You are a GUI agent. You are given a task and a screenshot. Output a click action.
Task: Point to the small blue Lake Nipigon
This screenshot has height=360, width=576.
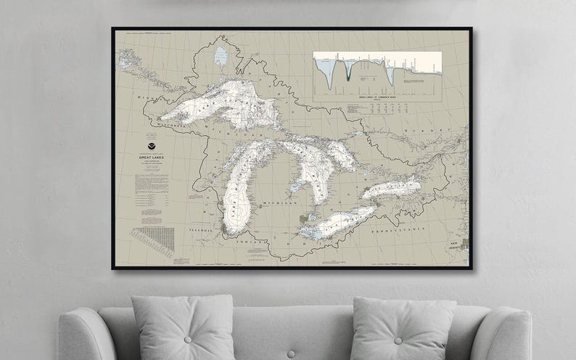(x=221, y=54)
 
